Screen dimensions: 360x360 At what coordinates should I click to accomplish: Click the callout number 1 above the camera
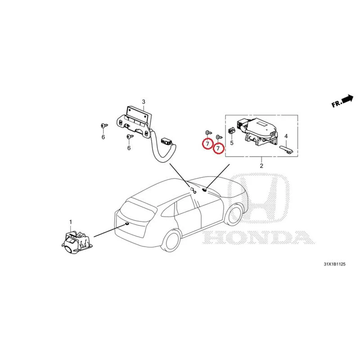71,222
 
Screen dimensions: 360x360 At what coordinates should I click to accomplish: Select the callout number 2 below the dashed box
261,166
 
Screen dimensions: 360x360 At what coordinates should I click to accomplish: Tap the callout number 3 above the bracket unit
144,102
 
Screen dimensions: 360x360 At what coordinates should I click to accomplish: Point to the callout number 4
286,136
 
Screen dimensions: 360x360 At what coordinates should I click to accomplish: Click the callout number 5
232,143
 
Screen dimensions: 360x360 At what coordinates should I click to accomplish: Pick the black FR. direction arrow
347,99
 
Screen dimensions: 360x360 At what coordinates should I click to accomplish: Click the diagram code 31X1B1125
334,264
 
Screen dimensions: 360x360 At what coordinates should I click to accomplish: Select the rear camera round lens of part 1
68,250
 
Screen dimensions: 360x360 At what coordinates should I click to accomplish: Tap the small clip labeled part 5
231,131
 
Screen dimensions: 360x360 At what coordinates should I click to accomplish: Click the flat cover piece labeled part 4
287,149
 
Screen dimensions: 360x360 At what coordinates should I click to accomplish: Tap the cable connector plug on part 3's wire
166,140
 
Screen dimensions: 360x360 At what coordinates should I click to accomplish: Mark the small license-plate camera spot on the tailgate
127,223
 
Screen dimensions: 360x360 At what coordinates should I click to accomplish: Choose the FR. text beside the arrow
337,104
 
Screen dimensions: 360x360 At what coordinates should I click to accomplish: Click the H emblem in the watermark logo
258,198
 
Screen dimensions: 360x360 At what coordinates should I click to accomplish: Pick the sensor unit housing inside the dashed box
256,131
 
